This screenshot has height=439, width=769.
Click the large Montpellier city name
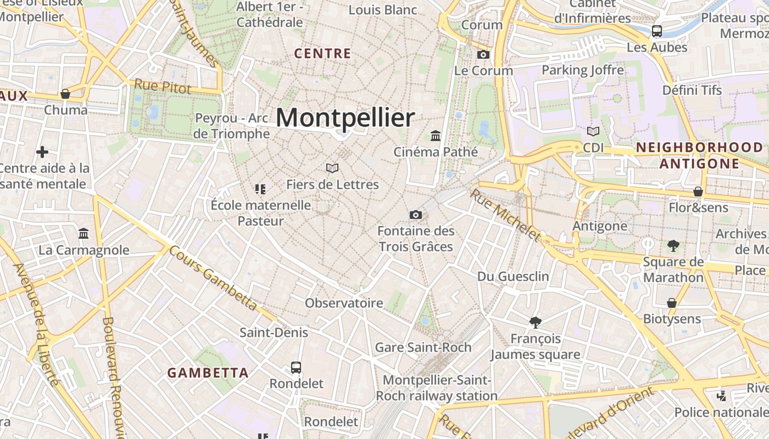[345, 118]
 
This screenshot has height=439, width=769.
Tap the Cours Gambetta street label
[213, 278]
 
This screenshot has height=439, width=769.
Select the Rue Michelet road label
[505, 215]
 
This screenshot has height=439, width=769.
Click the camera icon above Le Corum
[483, 54]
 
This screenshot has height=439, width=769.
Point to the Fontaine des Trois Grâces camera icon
[416, 215]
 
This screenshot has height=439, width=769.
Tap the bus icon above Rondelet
[296, 367]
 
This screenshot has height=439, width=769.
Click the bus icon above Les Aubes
[657, 31]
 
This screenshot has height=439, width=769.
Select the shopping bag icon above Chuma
[65, 94]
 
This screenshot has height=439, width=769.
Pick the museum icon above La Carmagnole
[83, 234]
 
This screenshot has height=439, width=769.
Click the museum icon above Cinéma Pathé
[436, 135]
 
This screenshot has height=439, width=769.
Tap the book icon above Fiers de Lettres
[332, 168]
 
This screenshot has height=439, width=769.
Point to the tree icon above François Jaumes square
[536, 322]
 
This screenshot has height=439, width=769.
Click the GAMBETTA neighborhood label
[208, 373]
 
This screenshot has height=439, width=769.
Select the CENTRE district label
[322, 54]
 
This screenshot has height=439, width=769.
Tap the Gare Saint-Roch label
[423, 347]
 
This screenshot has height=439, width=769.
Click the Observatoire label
[344, 303]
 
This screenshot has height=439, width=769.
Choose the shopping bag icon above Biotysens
[671, 303]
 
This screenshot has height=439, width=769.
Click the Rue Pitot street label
[163, 86]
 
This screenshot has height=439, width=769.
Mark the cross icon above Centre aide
[42, 152]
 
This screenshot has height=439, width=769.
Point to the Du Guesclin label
[513, 277]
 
